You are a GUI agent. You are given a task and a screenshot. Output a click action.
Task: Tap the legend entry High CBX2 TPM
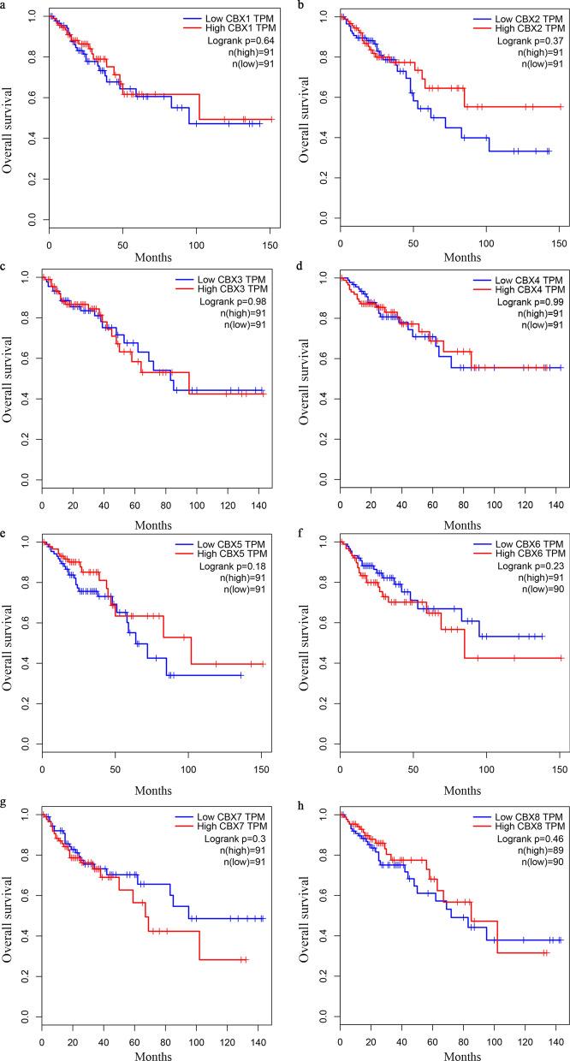coord(527,29)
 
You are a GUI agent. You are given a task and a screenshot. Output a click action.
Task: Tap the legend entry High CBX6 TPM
coord(527,556)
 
